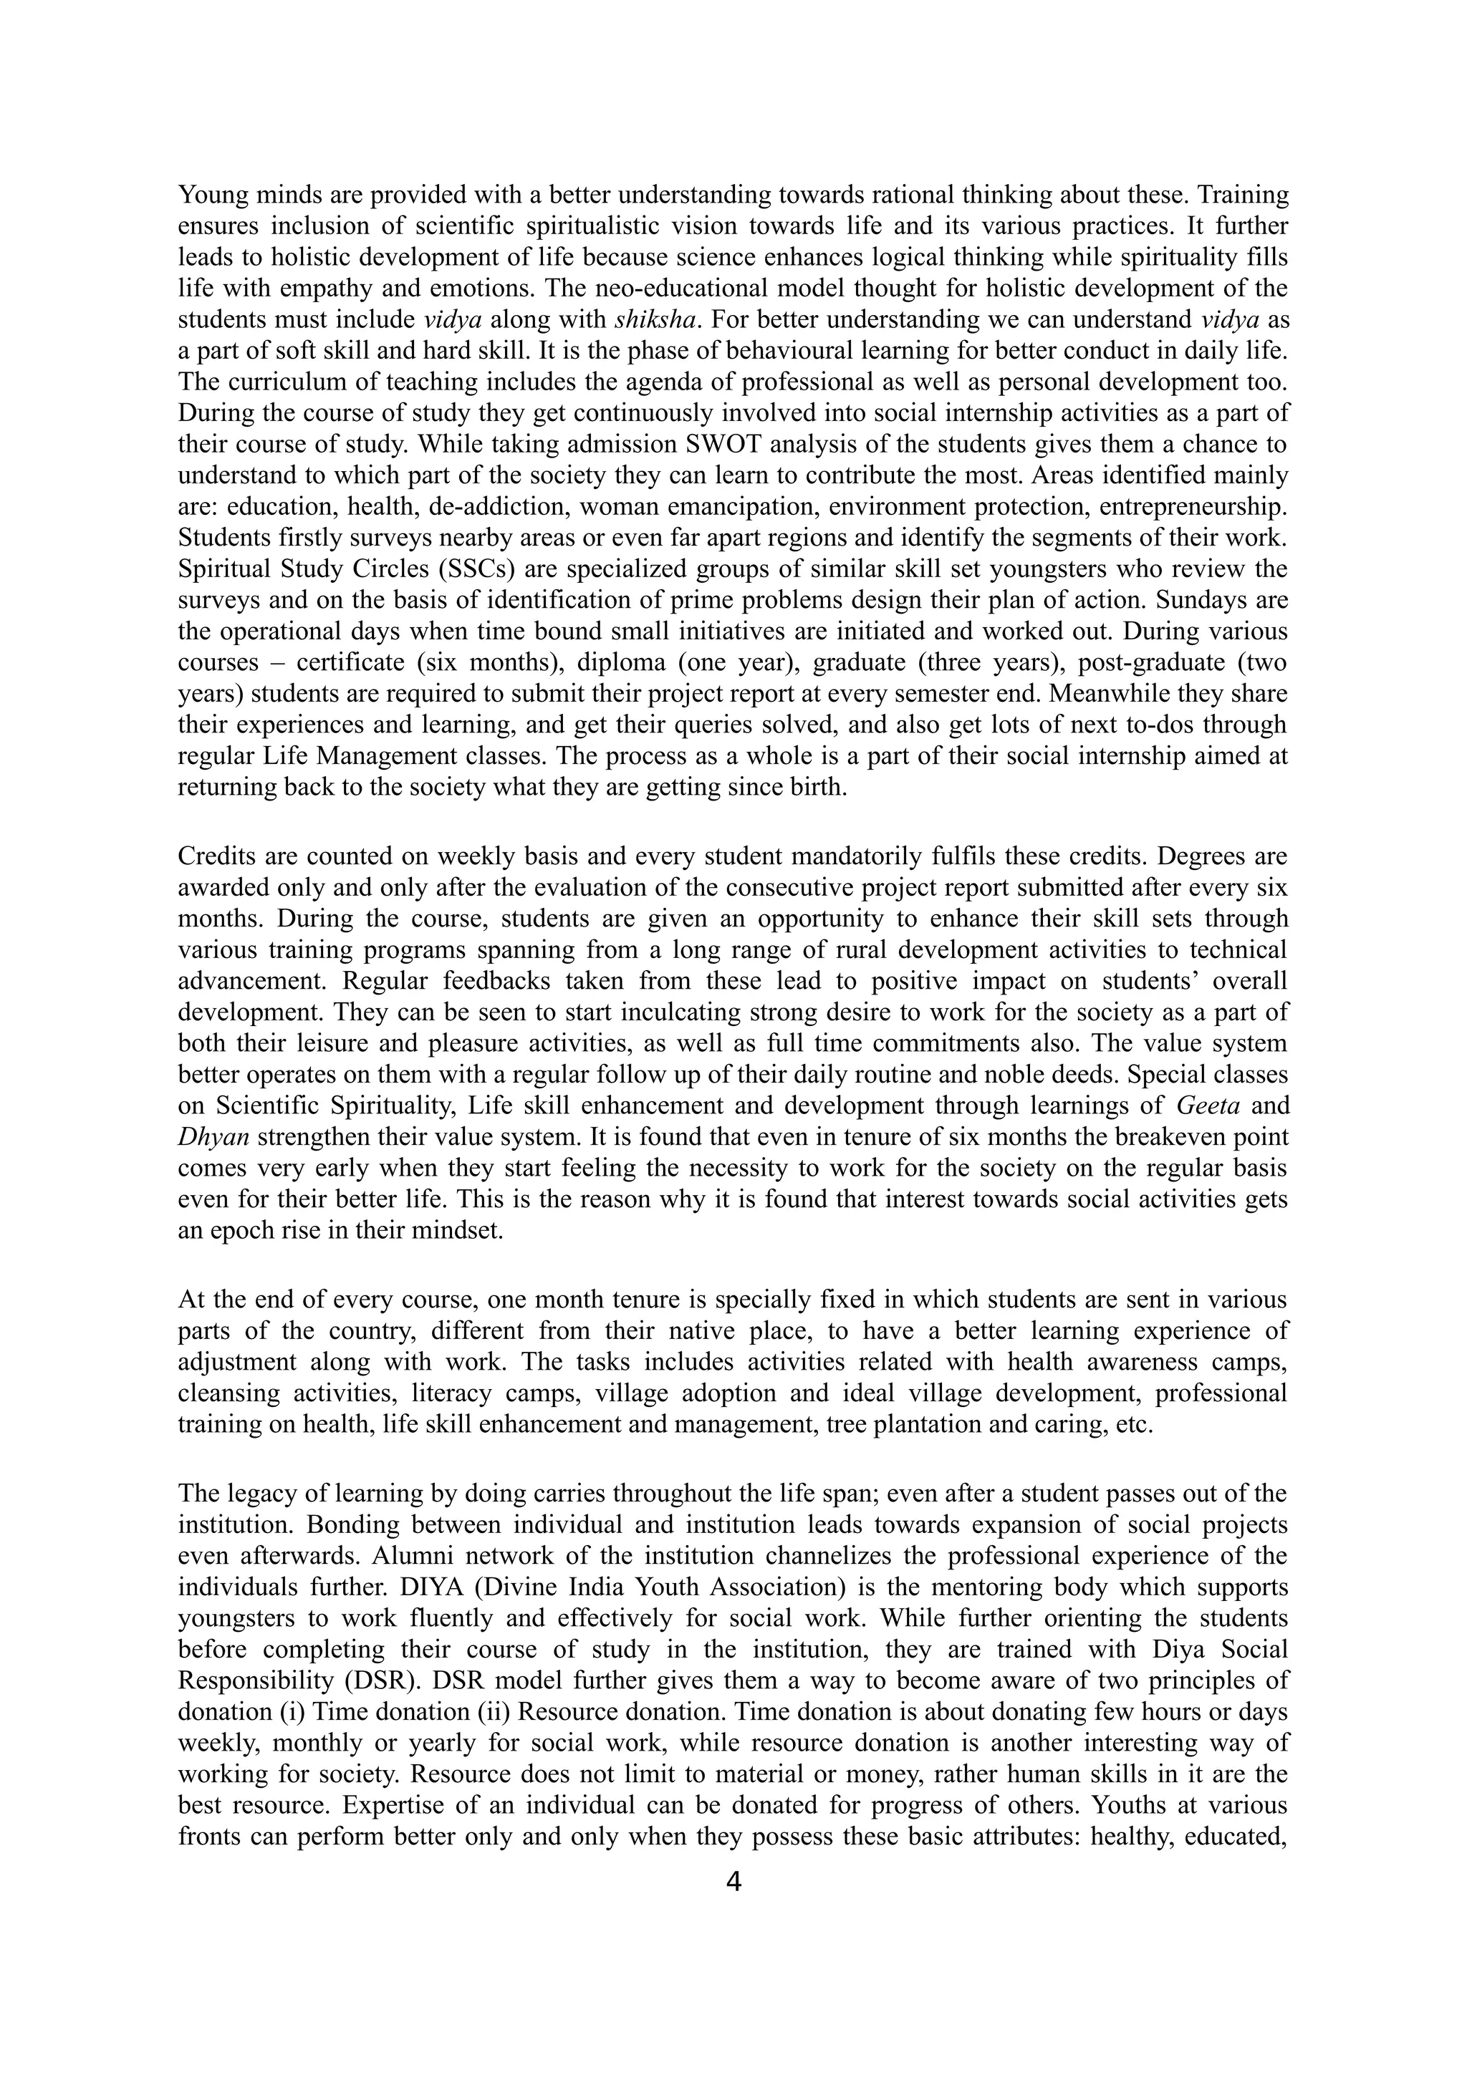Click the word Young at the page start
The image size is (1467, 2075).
click(211, 193)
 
